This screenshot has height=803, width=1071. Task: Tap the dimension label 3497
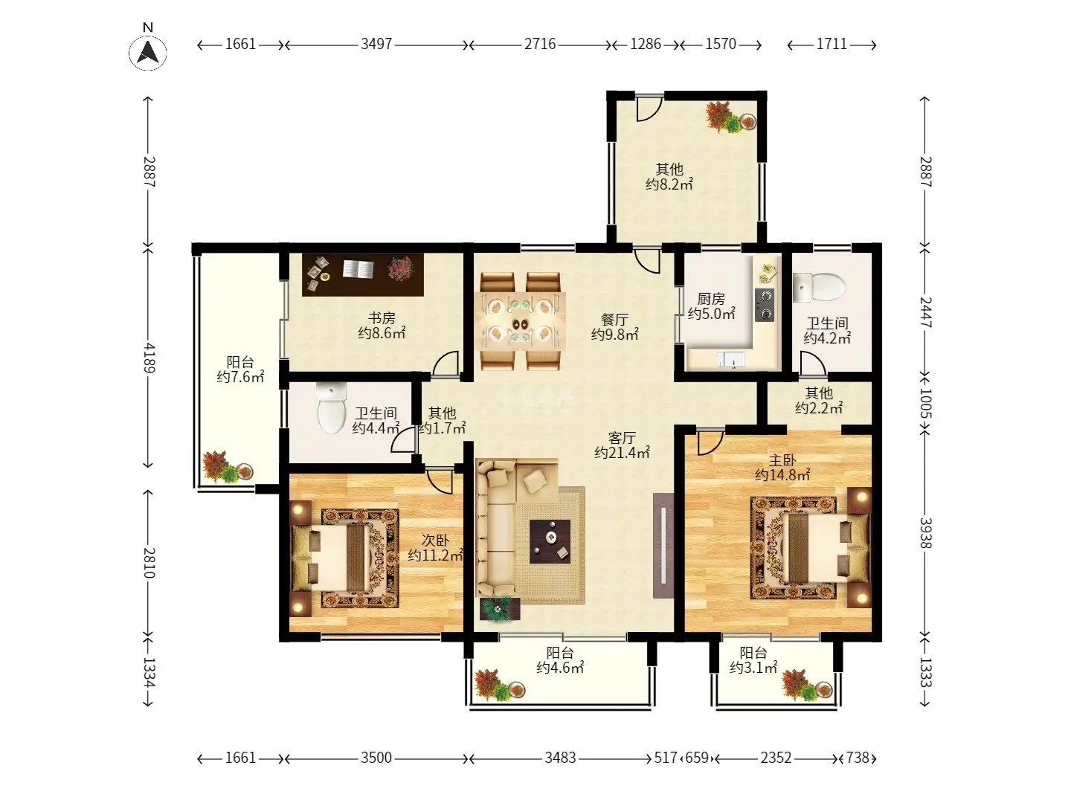pos(376,45)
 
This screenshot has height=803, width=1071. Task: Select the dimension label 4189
pos(149,358)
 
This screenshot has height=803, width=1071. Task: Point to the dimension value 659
pos(696,757)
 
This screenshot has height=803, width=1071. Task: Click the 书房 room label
pos(382,318)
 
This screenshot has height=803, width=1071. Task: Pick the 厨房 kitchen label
pos(711,298)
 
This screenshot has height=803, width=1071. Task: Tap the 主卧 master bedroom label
pos(782,459)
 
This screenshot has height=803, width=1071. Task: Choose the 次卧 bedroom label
pos(435,540)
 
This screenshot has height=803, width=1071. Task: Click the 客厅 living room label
pos(622,437)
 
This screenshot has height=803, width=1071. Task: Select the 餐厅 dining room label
pos(615,320)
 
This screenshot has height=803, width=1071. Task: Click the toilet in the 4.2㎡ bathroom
pos(818,287)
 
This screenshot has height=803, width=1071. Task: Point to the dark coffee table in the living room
pos(550,541)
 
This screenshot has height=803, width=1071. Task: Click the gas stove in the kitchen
pos(764,305)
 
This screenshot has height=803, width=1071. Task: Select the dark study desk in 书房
pos(362,274)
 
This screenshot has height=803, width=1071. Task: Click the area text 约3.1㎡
pos(753,668)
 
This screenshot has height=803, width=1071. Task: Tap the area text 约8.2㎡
pos(669,184)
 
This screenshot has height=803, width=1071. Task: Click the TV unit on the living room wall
pos(663,546)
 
